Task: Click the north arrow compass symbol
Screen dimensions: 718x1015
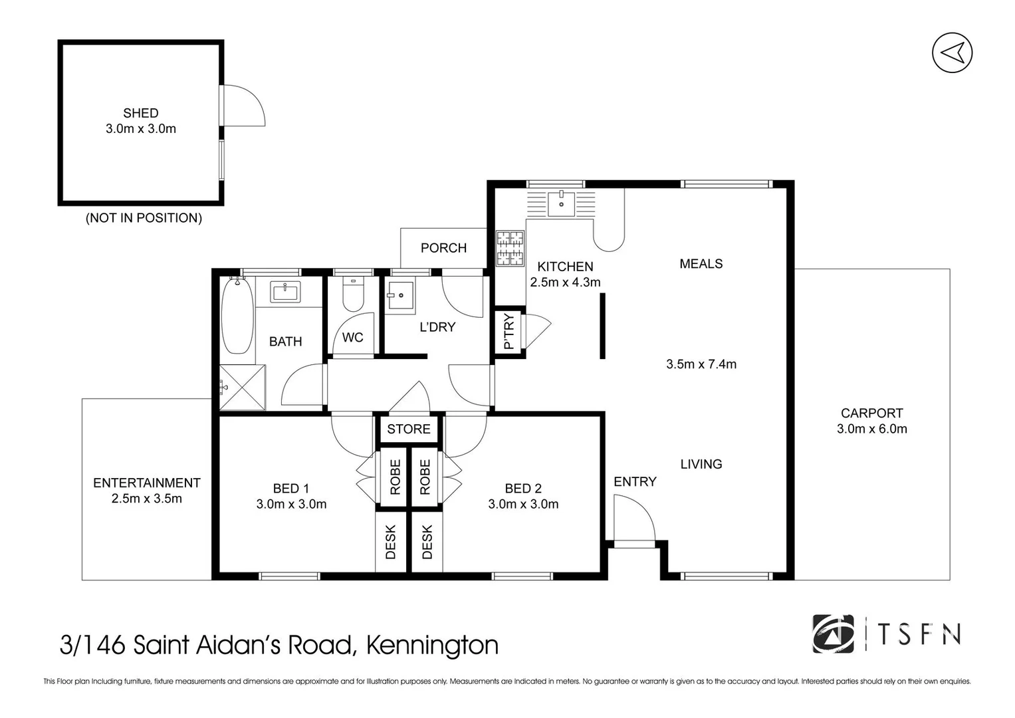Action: [x=952, y=53]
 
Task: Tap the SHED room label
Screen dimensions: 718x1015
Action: [x=140, y=113]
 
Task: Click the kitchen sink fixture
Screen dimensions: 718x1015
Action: [x=562, y=203]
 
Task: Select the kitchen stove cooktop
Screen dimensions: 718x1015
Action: [x=510, y=249]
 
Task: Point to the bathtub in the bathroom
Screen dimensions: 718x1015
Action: [x=237, y=316]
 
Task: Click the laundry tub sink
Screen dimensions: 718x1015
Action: [x=400, y=296]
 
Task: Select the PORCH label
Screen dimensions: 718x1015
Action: [x=443, y=248]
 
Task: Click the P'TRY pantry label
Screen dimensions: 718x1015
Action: [x=509, y=331]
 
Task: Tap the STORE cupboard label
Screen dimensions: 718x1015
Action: [x=409, y=429]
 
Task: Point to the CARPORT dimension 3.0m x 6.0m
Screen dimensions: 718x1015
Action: [x=871, y=429]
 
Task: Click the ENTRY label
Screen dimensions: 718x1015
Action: [x=635, y=482]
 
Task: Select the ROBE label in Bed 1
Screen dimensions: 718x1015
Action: [x=395, y=477]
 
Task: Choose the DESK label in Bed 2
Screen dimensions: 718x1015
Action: [x=427, y=542]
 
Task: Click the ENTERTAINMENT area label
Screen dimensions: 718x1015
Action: [x=146, y=483]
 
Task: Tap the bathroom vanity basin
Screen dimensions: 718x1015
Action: [x=285, y=291]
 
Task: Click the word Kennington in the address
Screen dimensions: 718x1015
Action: [x=432, y=646]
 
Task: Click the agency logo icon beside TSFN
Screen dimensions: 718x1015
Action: [x=833, y=634]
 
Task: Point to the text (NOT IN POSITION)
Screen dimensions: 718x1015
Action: [x=144, y=218]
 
